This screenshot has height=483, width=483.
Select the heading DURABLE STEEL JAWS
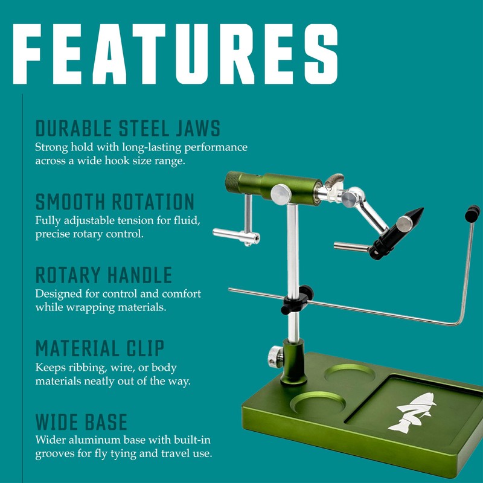tap(127, 129)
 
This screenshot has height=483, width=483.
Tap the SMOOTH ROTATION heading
tap(115, 202)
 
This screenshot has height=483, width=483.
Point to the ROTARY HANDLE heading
tap(104, 275)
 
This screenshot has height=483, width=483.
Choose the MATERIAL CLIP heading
tap(100, 348)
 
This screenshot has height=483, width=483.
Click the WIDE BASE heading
tap(81, 421)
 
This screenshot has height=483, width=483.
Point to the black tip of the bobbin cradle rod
tap(473, 212)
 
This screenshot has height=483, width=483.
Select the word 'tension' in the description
tap(158, 220)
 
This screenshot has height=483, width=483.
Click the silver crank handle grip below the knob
tap(236, 235)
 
